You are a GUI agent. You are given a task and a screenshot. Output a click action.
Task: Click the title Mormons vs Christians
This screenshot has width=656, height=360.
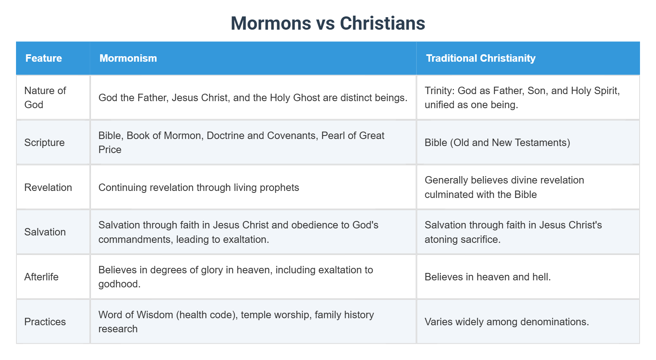328,23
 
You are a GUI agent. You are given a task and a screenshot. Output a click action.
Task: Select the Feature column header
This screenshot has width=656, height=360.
44,58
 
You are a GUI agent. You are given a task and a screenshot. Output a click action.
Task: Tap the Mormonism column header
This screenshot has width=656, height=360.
128,58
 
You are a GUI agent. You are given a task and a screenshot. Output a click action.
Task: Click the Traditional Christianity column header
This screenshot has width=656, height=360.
480,58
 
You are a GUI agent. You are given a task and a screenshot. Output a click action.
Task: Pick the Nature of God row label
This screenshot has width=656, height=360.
45,98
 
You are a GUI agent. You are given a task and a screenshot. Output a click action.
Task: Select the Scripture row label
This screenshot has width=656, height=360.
45,143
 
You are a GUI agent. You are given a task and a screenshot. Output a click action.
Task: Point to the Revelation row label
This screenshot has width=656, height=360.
48,187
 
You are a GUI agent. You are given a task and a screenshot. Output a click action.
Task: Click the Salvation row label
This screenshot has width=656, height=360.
45,232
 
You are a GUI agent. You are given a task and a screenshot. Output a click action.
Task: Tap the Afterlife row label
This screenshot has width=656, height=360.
41,277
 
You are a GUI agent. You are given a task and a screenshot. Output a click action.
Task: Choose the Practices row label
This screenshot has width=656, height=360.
45,322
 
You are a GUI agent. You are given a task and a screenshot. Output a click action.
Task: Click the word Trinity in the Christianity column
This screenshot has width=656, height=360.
439,91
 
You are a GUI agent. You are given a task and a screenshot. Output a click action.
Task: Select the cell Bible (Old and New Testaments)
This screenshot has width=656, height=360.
497,143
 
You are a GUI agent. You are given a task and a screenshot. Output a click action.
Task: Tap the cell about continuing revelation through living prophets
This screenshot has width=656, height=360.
198,187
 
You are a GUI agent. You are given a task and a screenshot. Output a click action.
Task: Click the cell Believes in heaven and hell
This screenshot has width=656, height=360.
487,277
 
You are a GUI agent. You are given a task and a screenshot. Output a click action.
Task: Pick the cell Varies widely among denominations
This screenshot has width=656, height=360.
506,322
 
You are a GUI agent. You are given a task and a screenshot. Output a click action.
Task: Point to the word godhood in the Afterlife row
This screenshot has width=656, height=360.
119,284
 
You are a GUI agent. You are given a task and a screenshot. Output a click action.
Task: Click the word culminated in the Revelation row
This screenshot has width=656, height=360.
446,194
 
